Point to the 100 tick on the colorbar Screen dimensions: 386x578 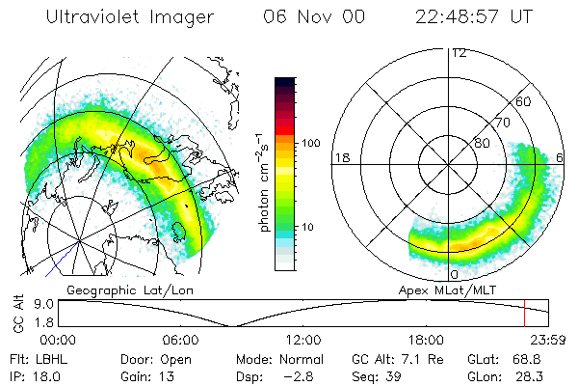tap(310, 143)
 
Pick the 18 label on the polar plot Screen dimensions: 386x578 tap(340, 157)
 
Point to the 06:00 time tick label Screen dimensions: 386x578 tap(180, 340)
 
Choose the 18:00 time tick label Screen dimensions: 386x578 tap(426, 340)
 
